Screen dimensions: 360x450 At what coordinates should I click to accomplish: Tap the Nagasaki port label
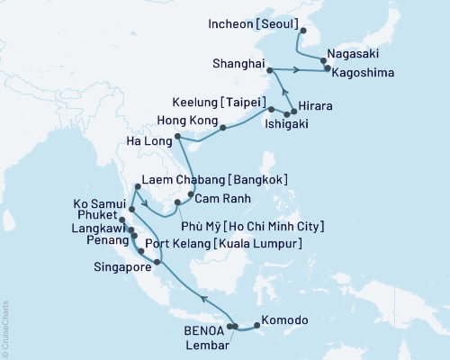(x=356, y=53)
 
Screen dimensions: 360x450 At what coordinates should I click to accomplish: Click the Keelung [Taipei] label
(x=220, y=103)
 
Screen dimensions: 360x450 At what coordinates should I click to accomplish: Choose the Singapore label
(x=125, y=267)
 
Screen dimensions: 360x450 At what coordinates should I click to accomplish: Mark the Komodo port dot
(x=256, y=322)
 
